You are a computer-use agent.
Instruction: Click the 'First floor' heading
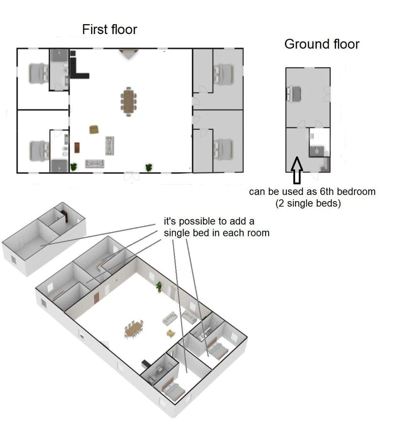click(109, 30)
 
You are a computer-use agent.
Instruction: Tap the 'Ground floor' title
click(321, 44)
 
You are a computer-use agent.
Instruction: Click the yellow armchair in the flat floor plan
click(94, 130)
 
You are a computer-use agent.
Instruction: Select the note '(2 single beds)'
click(308, 204)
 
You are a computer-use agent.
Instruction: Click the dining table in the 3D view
click(134, 328)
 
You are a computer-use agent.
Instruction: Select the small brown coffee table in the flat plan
click(77, 147)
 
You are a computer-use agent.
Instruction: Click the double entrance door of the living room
click(132, 175)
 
